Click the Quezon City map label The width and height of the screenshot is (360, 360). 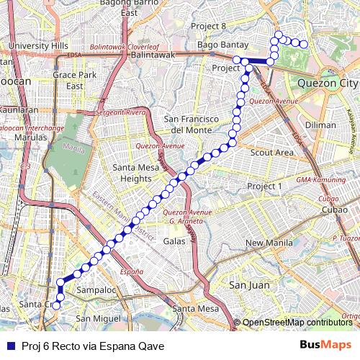(x=328, y=82)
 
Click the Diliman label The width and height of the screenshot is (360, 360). (x=320, y=124)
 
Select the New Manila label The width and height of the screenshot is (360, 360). (x=268, y=243)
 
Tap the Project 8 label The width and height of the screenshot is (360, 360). (x=208, y=26)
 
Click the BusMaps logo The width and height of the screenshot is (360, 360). (x=326, y=344)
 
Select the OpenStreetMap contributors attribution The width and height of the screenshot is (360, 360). (x=297, y=322)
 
